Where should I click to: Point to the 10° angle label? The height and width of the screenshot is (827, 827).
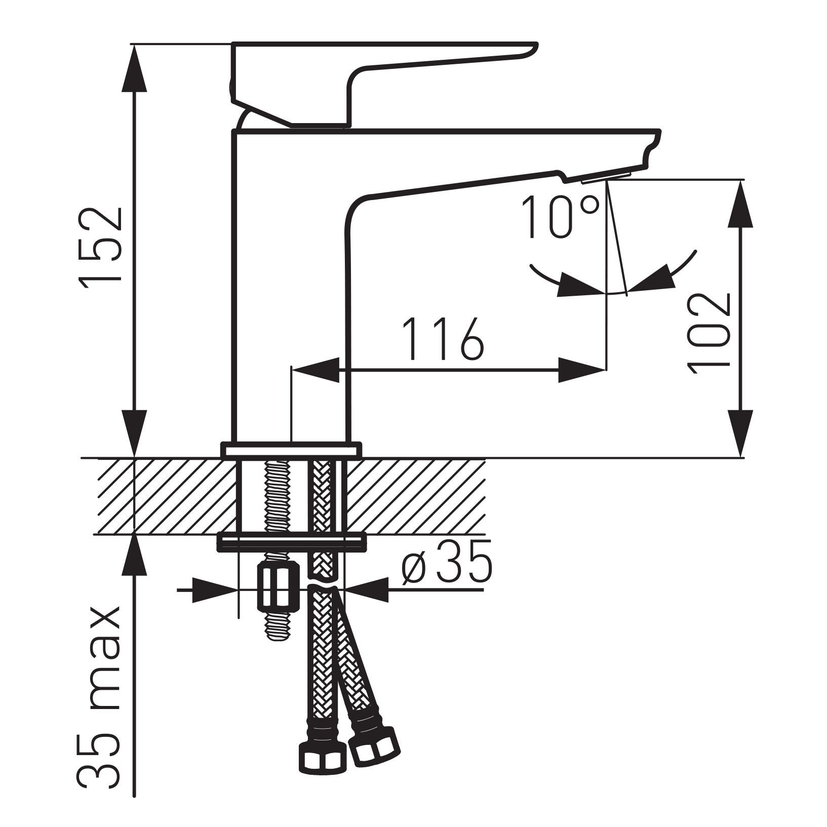[560, 217]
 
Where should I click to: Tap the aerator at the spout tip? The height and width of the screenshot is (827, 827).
[606, 177]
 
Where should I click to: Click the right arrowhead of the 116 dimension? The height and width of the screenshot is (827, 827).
[582, 370]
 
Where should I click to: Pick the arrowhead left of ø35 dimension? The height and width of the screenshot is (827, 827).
[215, 590]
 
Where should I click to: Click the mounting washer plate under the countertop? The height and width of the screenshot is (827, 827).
[291, 542]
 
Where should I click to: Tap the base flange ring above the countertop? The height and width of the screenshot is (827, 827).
[291, 450]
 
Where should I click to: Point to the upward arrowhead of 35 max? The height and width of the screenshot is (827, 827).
[135, 558]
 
